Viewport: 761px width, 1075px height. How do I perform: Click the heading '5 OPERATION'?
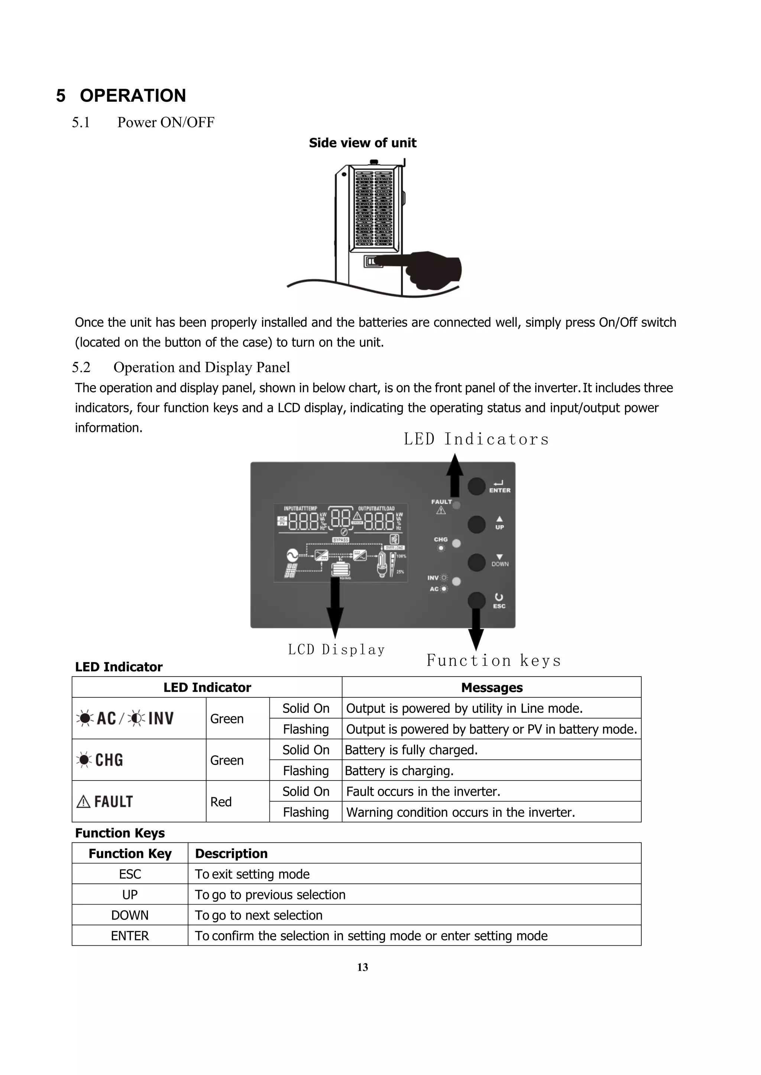(121, 95)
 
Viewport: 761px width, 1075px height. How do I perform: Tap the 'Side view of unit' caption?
(362, 143)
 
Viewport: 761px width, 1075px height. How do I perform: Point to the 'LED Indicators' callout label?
(476, 439)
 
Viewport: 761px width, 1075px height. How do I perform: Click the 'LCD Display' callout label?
(336, 649)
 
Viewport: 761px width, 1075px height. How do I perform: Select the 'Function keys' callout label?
(493, 660)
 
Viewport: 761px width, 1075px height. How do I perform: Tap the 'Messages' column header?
(492, 687)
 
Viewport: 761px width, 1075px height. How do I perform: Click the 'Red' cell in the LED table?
(221, 802)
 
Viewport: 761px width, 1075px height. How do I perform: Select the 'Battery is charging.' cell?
(399, 771)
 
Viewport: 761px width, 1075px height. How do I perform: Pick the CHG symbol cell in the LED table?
(100, 760)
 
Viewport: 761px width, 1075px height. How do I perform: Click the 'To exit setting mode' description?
(252, 874)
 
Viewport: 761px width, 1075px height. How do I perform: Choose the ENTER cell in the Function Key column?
(130, 935)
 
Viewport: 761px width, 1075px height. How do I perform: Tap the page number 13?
(362, 967)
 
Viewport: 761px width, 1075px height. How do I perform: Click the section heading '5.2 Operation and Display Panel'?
(181, 367)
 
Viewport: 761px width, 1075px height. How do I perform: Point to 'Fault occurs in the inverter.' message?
(423, 791)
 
